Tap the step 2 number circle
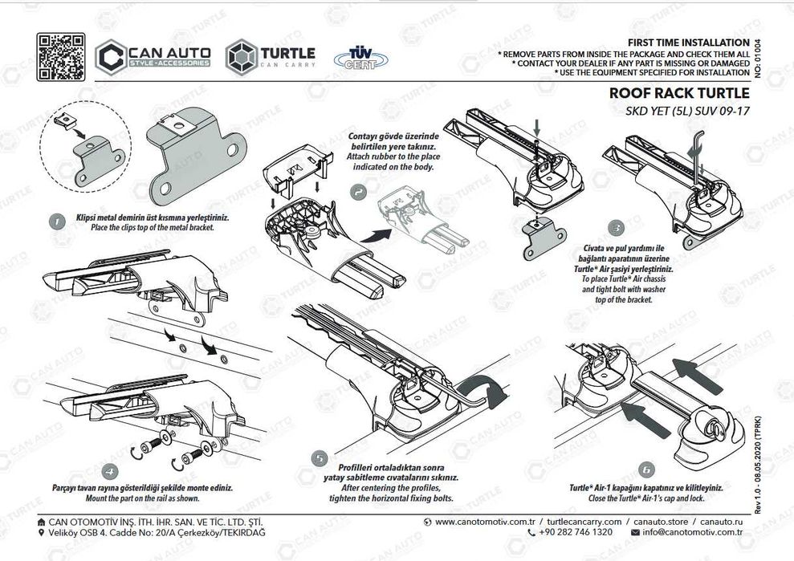click(x=357, y=193)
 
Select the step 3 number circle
click(x=615, y=227)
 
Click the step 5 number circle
click(x=320, y=459)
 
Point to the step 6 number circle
click(x=645, y=470)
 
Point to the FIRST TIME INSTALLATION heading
click(x=687, y=42)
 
